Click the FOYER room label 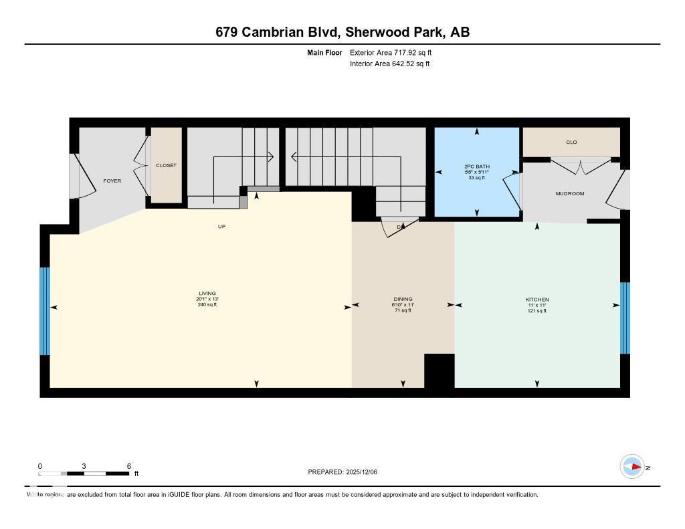[112, 181]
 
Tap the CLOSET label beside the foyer [166, 165]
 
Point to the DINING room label [403, 299]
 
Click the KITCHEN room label [536, 299]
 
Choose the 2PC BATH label [476, 166]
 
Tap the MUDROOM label [569, 193]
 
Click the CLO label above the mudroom [571, 142]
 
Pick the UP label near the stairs [221, 226]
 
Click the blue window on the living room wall [45, 311]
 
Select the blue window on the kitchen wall [625, 318]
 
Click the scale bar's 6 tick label [128, 466]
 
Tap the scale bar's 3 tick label [84, 466]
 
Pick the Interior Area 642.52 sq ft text [389, 64]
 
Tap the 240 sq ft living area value [207, 305]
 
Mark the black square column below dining [439, 371]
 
